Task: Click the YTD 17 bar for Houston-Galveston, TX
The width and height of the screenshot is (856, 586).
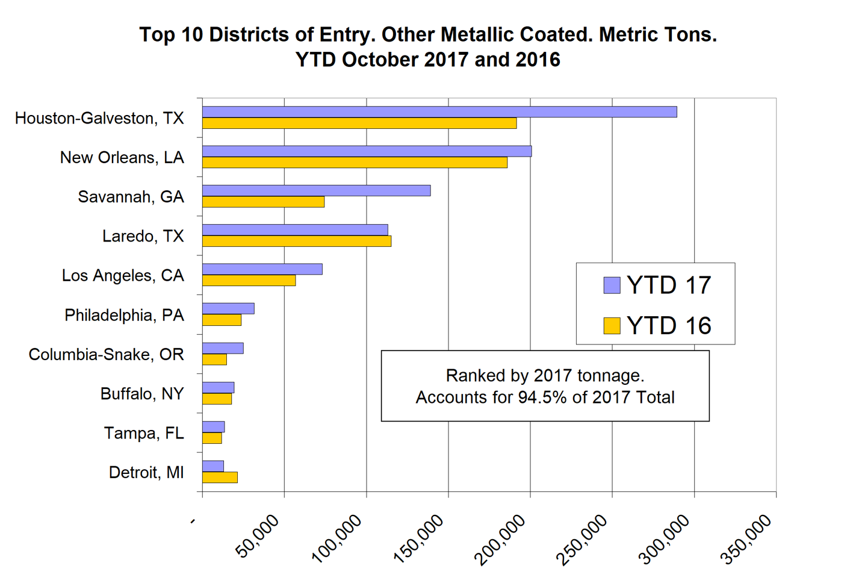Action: (x=439, y=112)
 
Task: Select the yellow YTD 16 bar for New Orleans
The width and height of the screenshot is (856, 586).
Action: (x=355, y=163)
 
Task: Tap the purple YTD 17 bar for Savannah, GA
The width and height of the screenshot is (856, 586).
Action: (x=316, y=191)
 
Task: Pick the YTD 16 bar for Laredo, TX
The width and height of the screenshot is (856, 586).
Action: (x=296, y=242)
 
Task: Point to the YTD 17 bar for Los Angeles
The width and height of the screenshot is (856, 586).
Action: (x=262, y=269)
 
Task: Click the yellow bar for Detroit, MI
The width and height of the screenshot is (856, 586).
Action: (x=220, y=478)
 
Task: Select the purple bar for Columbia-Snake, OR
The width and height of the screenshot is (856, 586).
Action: (x=223, y=348)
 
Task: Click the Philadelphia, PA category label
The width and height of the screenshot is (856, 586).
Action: (x=124, y=315)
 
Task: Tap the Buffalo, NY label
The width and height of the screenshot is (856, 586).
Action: (x=142, y=394)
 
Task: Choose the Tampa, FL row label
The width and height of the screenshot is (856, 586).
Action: (x=144, y=433)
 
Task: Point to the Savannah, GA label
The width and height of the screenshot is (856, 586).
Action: (x=131, y=197)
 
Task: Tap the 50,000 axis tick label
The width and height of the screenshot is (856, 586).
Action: (x=258, y=536)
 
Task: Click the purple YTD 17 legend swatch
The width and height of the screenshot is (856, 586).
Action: (x=612, y=285)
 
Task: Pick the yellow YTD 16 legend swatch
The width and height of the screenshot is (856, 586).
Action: (x=612, y=326)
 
